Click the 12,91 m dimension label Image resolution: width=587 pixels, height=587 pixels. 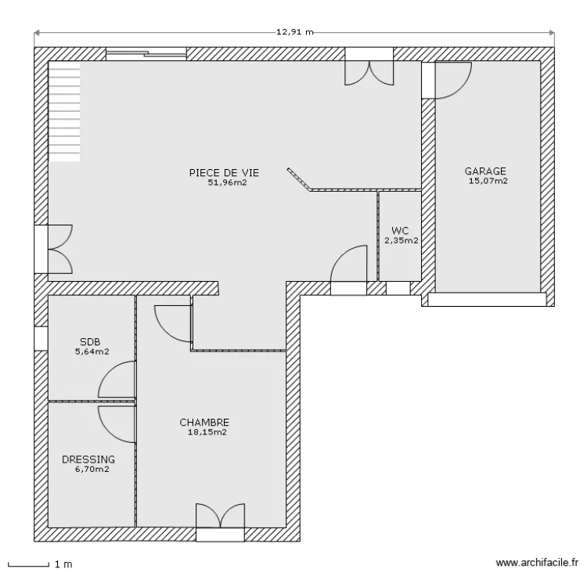point(294,32)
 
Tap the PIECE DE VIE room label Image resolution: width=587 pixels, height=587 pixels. point(224,173)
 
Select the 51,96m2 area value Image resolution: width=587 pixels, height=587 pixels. point(227,182)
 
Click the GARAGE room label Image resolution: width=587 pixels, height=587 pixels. point(485,171)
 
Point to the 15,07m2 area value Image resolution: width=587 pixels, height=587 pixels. point(488,181)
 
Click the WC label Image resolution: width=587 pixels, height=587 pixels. point(400,230)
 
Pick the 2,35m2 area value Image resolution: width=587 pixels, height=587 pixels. point(402,240)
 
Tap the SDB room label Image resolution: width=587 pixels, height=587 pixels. point(90,341)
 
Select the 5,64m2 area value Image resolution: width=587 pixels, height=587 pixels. point(92,351)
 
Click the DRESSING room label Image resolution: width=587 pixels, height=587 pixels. point(88,459)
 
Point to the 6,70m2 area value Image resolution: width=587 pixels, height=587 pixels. point(92,469)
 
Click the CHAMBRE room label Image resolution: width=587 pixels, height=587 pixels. point(204,423)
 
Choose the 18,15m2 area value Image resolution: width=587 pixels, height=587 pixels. point(207,432)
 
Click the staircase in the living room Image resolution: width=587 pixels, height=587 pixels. point(64,112)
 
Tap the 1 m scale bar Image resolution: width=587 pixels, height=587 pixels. point(28,565)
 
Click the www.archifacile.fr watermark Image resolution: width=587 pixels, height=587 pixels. point(537,563)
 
